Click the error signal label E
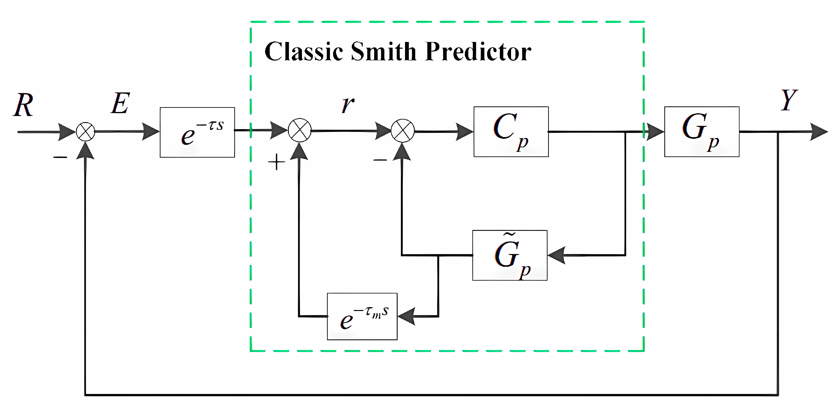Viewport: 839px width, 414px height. tap(120, 104)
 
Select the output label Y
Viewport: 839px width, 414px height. tap(789, 100)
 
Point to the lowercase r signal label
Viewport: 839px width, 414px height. tap(348, 105)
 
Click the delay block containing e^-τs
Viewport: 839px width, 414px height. tap(197, 133)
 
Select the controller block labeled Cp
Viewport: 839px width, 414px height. tap(511, 132)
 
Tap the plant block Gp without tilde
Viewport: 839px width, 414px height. tap(702, 132)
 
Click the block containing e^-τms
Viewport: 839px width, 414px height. tap(362, 317)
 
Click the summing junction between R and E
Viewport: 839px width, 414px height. tap(85, 132)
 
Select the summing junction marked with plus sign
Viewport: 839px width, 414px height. tap(300, 130)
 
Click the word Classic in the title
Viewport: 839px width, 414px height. tap(304, 52)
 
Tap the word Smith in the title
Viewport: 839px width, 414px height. tap(384, 52)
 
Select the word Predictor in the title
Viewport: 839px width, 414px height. tap(478, 52)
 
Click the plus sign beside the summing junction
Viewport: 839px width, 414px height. tap(276, 162)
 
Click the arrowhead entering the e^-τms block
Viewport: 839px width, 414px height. tap(407, 316)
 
